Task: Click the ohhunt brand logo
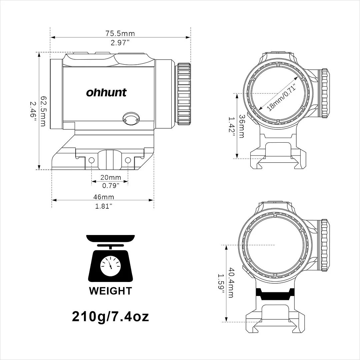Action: [106, 93]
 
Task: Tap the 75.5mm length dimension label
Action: [120, 34]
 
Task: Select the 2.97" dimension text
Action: [120, 43]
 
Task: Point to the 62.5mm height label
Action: [43, 111]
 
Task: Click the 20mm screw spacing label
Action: [111, 177]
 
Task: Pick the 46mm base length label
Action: [104, 197]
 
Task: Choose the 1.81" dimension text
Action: [104, 206]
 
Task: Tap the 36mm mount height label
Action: [242, 126]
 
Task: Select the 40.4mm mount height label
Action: [231, 283]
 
